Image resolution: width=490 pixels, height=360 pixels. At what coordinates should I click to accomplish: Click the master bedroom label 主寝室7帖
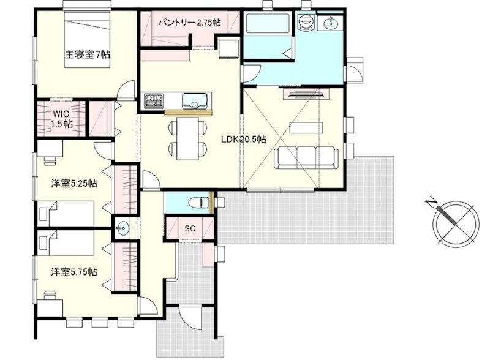(x=88, y=54)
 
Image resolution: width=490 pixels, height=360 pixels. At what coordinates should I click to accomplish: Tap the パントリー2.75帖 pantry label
(x=189, y=23)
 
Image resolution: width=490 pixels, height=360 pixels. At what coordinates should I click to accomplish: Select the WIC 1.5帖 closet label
(x=62, y=118)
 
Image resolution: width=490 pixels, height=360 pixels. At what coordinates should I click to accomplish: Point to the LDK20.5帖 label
(x=244, y=139)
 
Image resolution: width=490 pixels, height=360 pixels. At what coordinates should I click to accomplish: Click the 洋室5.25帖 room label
(x=74, y=184)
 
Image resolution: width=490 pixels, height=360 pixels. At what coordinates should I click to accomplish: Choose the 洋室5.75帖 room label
(x=74, y=272)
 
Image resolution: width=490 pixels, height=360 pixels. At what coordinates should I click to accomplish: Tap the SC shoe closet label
(x=190, y=228)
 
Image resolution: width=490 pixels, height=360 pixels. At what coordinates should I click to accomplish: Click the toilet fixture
(x=200, y=203)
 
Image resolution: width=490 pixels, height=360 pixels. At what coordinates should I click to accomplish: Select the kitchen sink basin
(x=195, y=100)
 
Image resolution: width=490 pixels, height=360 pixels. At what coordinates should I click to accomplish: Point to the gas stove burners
(x=154, y=100)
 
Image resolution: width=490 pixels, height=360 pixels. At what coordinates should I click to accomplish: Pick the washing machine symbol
(x=306, y=22)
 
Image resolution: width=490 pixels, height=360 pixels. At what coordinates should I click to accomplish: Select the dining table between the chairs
(x=187, y=138)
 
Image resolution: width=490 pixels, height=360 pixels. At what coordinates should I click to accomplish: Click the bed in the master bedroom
(x=87, y=39)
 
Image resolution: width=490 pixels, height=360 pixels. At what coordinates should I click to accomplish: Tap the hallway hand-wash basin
(x=122, y=228)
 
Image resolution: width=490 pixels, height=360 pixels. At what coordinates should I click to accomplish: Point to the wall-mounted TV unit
(x=306, y=94)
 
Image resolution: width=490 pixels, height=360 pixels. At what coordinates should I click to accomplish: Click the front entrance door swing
(x=190, y=317)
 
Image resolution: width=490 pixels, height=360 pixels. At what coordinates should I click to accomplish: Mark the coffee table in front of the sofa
(x=306, y=128)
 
